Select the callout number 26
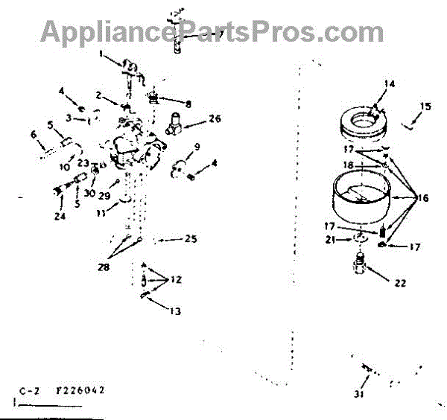point(215,118)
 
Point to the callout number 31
point(359,394)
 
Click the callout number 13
point(174,311)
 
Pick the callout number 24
point(60,217)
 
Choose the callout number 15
point(425,107)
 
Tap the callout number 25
point(191,239)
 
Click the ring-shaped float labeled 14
point(363,121)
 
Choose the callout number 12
point(176,280)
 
